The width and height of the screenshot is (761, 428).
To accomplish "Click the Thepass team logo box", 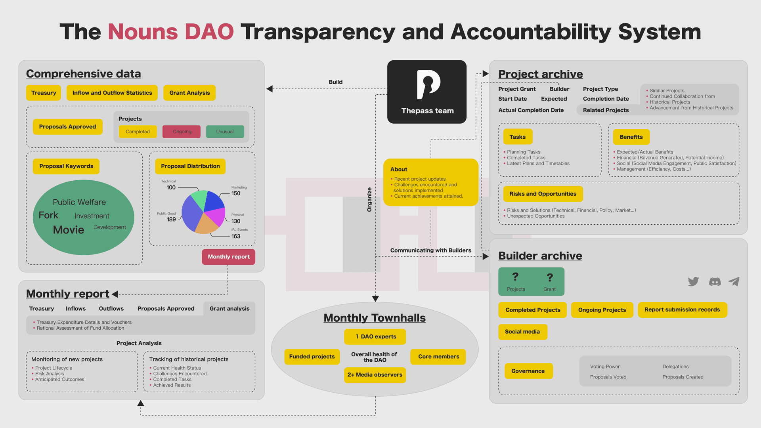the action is pos(427,92).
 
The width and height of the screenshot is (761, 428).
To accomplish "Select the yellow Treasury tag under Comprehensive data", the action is pos(44,93).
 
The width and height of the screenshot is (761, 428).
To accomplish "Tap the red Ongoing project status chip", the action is pos(182,132).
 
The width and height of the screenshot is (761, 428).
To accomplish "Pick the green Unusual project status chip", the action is pos(225,132).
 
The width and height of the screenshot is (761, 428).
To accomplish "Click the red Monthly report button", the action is pos(229,257).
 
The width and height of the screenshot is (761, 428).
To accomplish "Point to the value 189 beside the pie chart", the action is pos(171,220).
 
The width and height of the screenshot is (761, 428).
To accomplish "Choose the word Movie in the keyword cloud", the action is pos(69,230).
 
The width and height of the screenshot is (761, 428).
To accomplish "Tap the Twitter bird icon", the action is pos(693,281).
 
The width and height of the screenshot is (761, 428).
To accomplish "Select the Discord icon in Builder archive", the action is pos(715,282).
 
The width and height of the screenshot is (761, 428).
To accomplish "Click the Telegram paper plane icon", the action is pos(734,281).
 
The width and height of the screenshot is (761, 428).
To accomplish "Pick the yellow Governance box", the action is pos(528,371).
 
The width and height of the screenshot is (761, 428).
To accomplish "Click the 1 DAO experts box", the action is pos(375,337).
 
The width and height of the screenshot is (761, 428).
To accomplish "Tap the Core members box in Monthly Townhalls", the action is pos(438,357).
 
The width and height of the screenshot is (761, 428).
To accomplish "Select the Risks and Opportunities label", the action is pos(543,194).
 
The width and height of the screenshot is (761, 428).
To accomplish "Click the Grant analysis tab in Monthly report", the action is pos(229,309).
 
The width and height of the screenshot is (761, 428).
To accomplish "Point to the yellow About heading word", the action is pos(399,169).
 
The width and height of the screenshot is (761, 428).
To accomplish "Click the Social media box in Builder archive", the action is pos(522,332).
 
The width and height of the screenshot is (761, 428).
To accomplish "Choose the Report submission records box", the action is pos(682,310).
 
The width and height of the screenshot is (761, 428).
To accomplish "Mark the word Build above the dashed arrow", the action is pos(336,82).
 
